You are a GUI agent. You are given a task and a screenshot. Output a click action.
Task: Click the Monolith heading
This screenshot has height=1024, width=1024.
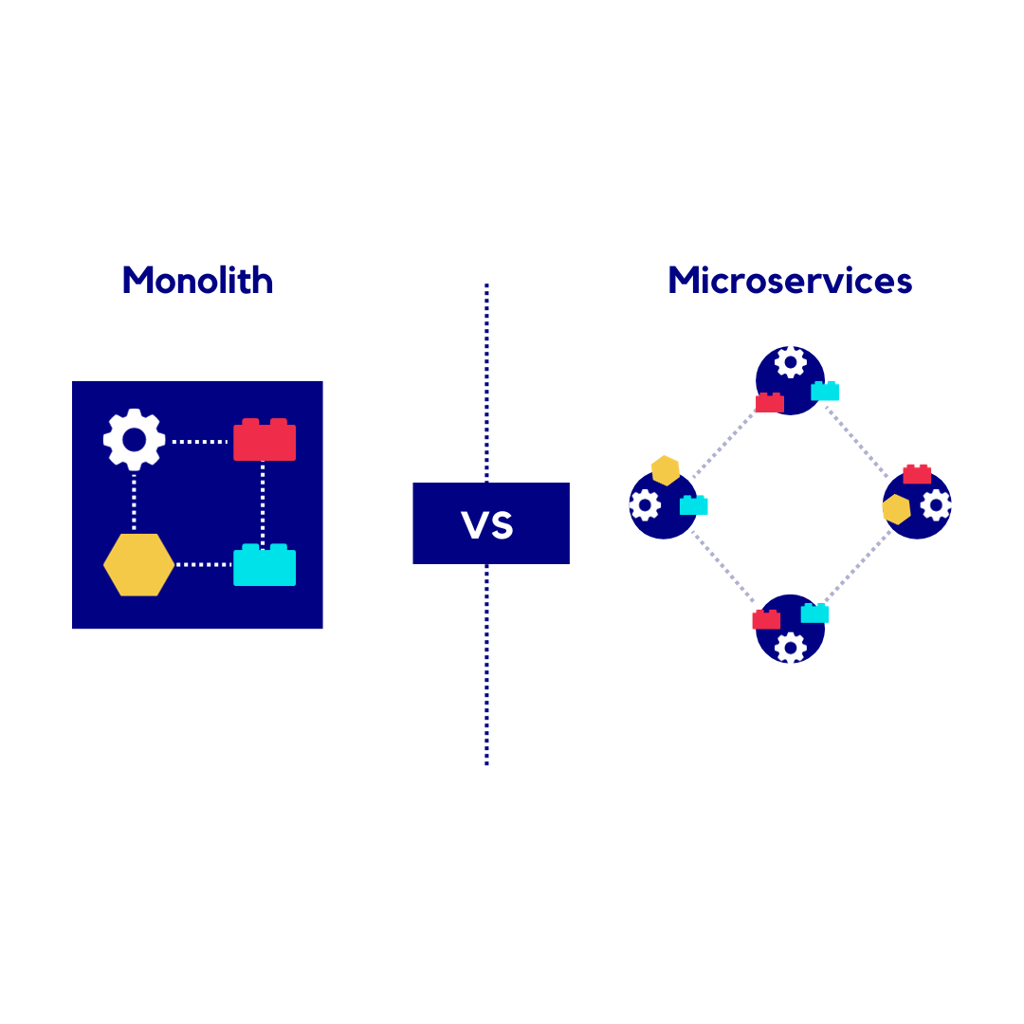click(197, 281)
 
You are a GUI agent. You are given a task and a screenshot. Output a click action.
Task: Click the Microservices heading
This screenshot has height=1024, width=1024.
click(790, 281)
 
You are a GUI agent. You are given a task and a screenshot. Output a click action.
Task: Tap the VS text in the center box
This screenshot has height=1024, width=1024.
click(487, 525)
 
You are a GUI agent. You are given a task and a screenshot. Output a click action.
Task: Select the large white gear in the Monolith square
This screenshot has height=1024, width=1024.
click(134, 440)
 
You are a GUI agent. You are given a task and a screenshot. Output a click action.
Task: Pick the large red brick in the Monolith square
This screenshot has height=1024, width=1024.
click(265, 441)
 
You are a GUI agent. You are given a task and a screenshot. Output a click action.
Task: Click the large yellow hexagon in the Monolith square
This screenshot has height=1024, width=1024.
click(138, 565)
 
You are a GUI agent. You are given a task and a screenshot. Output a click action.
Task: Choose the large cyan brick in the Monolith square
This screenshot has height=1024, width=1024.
click(265, 566)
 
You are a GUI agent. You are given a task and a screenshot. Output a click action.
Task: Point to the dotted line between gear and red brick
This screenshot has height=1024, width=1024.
click(199, 442)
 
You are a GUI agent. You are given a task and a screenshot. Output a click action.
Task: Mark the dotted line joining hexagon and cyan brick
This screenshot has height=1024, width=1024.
click(203, 565)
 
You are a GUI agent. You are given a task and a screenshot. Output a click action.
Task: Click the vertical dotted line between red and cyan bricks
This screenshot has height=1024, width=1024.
click(263, 503)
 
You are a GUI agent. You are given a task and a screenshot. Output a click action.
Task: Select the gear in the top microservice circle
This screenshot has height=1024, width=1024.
click(790, 361)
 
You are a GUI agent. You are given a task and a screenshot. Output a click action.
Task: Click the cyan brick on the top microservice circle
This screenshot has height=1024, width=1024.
click(825, 391)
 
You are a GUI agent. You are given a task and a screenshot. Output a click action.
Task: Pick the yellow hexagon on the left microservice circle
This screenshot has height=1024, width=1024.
click(666, 469)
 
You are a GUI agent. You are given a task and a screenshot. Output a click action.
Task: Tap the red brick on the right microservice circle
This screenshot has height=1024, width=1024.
click(917, 474)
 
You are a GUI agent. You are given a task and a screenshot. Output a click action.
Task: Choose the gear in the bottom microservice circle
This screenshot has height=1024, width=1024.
click(790, 648)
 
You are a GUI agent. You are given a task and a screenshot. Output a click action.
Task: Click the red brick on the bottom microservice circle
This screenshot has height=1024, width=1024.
click(766, 620)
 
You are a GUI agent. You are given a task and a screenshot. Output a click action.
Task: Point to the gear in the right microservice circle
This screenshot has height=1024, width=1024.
click(936, 505)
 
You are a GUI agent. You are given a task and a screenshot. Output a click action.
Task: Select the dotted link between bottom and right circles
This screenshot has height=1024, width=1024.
click(856, 567)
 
